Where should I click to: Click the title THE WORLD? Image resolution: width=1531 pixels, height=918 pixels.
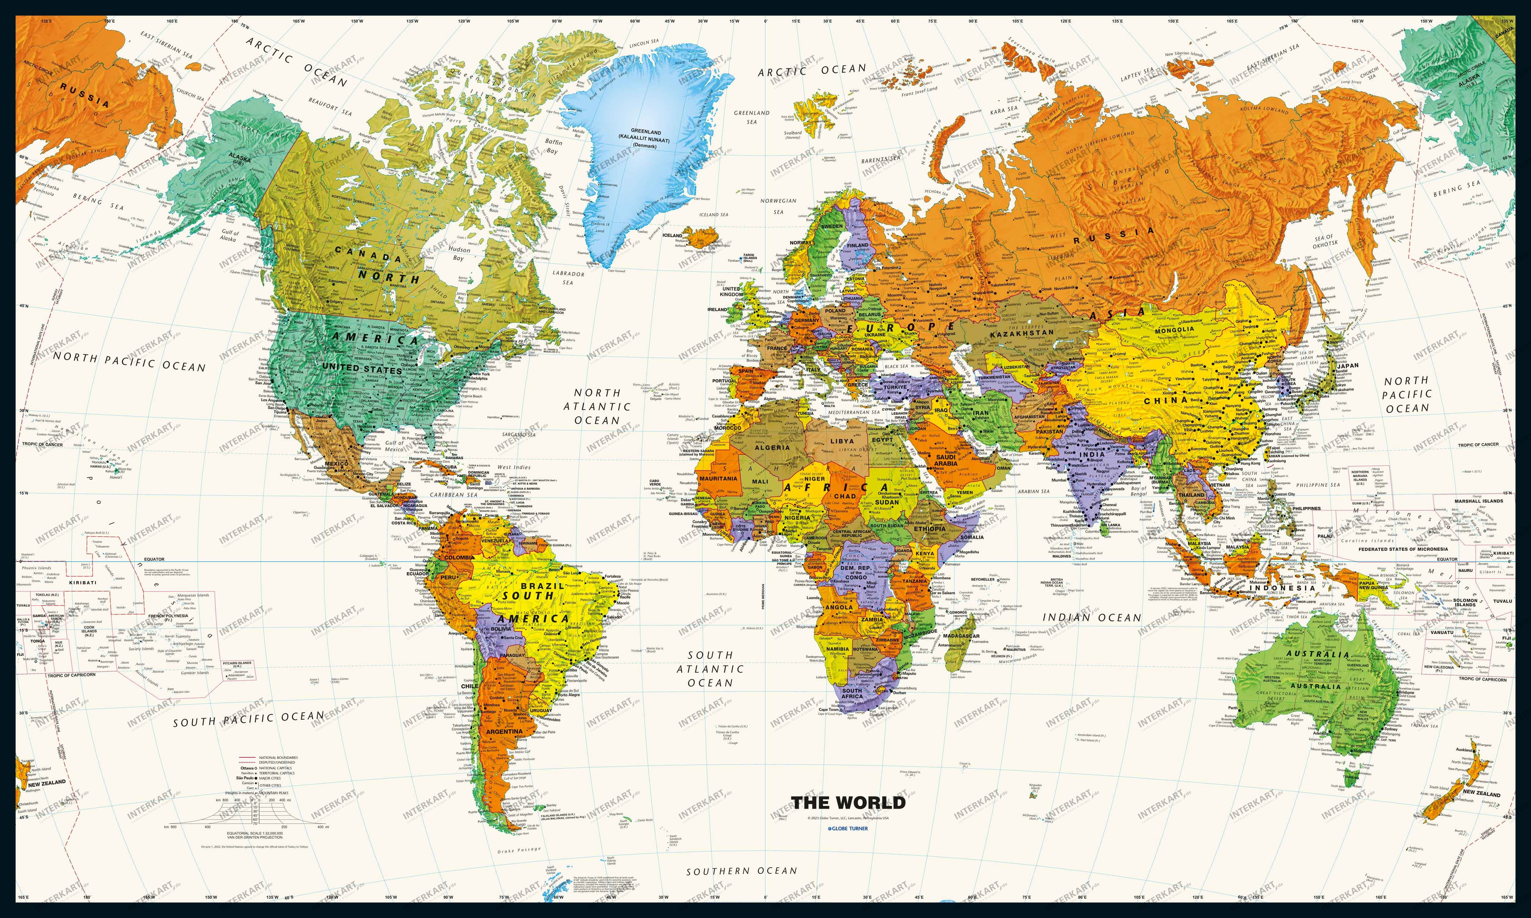click(848, 803)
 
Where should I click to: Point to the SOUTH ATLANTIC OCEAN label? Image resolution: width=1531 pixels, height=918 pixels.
click(710, 669)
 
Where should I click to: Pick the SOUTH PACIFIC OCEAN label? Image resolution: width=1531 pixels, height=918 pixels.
click(248, 719)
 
